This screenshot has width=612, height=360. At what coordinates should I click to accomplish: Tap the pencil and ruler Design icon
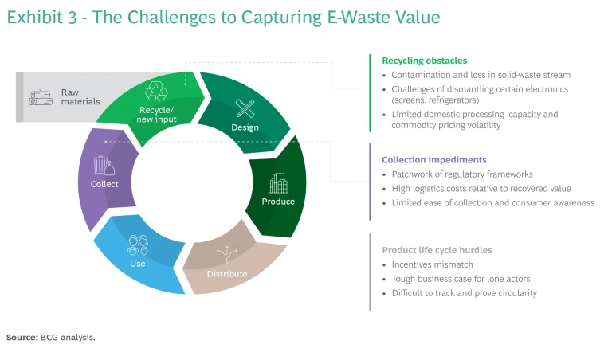point(245,108)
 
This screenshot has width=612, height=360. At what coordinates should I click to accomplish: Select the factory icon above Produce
point(278,184)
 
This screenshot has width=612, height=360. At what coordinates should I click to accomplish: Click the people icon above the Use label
point(138,245)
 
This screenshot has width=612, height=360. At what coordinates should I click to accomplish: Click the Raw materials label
point(80,97)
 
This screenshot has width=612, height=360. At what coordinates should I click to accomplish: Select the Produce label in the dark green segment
point(278,202)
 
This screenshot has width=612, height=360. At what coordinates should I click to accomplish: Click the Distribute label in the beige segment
point(227,274)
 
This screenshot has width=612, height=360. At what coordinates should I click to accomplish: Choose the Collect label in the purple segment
point(104,184)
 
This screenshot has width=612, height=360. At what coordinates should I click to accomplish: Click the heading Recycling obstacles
point(424,61)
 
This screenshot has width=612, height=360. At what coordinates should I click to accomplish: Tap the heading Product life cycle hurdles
point(437,250)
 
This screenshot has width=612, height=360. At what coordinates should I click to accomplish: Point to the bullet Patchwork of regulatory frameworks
point(451,174)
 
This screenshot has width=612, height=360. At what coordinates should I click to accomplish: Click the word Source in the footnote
point(22,338)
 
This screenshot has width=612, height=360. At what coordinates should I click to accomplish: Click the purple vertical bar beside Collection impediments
point(371,181)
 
